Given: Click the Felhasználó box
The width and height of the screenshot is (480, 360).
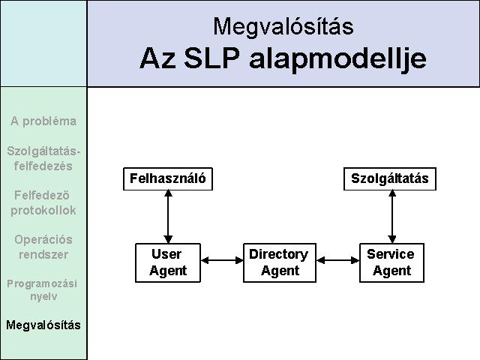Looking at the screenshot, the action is pos(168,178).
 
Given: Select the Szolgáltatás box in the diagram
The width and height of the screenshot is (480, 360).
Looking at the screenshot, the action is pos(390,178).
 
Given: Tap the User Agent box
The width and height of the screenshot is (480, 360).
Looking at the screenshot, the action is pos(168,262).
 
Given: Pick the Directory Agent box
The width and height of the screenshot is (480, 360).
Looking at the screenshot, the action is pos(280,262).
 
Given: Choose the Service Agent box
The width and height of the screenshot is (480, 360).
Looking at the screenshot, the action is pos(391,262).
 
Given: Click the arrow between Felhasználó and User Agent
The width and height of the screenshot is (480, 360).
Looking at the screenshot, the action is pos(168,217).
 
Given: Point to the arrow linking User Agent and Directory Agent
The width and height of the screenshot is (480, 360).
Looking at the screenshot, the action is pos(222,260).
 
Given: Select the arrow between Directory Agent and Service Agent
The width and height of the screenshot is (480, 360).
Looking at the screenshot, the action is pos(337,260).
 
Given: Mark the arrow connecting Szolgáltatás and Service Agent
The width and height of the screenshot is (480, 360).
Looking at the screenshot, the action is pos(392,217).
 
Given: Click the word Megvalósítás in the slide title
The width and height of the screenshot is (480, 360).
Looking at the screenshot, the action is pos(283,26).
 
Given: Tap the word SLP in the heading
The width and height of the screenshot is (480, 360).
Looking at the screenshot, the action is pos(211,58).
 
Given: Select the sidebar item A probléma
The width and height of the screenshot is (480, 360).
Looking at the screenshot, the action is pos(43,121).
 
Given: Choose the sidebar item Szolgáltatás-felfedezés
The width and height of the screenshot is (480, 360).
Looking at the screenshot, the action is pos(43,158).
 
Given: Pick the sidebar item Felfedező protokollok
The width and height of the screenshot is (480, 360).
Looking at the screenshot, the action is pos(43,202).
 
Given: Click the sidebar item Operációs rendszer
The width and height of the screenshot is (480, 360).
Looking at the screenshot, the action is pos(43,247).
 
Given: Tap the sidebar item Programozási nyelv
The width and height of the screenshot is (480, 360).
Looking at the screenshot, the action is pos(42,289).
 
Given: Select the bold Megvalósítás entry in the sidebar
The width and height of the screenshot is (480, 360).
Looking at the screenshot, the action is pos(43,325).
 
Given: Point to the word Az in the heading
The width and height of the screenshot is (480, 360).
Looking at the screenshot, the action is pos(157,58).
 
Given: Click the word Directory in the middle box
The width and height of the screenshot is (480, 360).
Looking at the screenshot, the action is pos(278,255).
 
